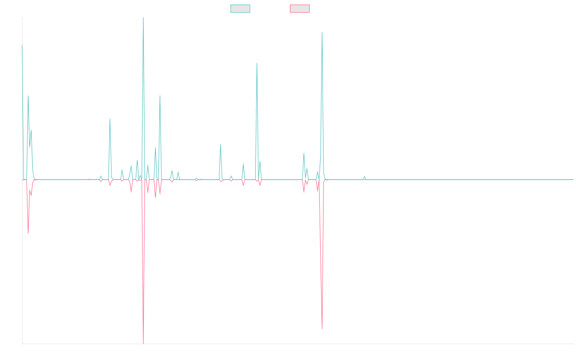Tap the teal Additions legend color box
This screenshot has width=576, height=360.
pyautogui.click(x=241, y=9)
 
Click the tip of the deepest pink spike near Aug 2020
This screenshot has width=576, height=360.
pyautogui.click(x=143, y=343)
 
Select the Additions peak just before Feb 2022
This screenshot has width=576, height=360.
pyautogui.click(x=257, y=63)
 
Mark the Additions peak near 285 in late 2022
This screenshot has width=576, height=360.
pyautogui.click(x=322, y=33)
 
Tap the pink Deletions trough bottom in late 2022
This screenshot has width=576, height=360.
pyautogui.click(x=322, y=329)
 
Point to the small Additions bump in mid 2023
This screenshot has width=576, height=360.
pyautogui.click(x=364, y=176)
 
